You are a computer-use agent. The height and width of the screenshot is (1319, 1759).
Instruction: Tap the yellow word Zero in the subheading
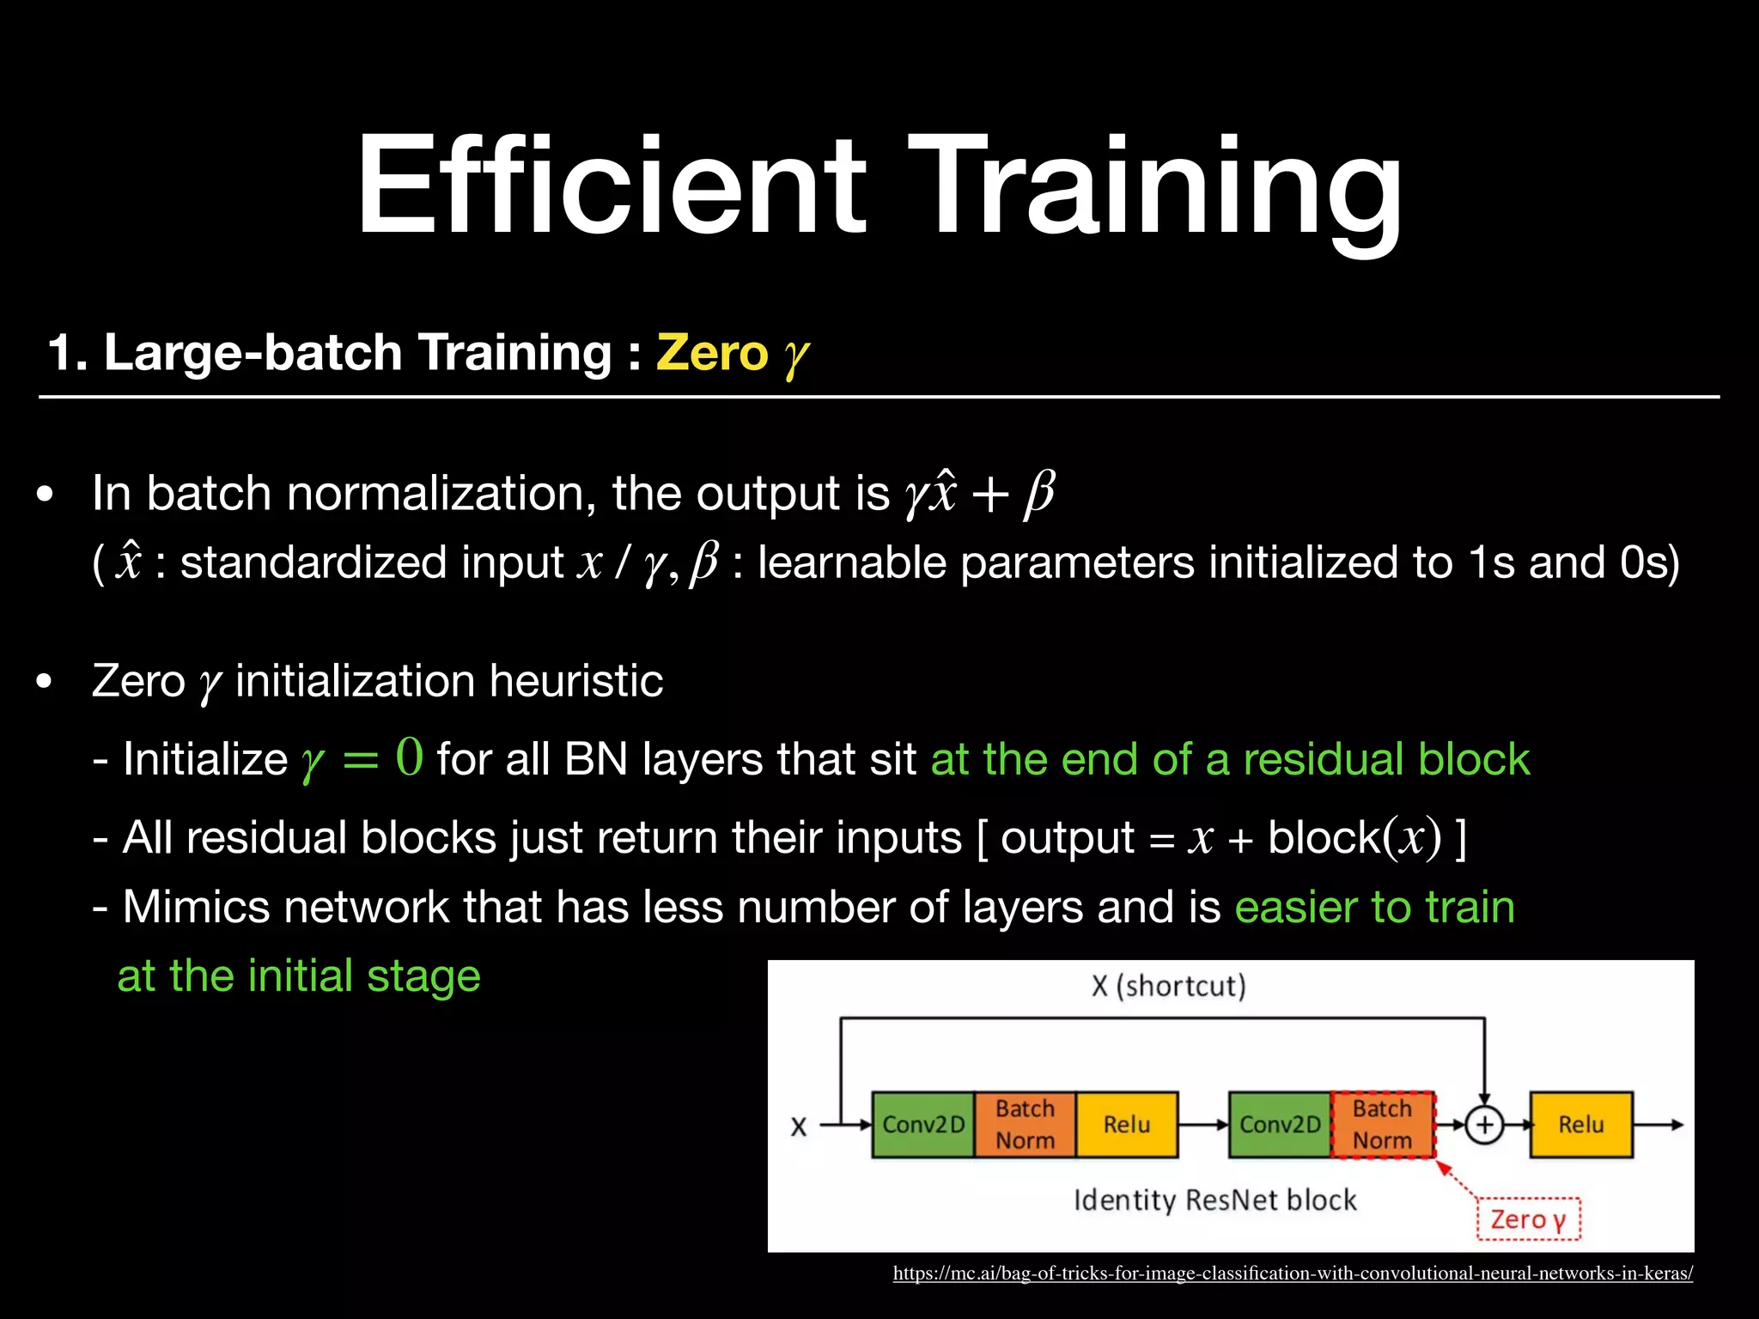point(712,353)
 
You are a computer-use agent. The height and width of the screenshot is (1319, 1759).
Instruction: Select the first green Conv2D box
point(923,1125)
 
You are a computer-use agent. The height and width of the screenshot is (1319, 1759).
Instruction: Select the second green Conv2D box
point(1280,1125)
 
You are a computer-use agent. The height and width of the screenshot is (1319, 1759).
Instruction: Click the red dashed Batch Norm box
point(1382,1125)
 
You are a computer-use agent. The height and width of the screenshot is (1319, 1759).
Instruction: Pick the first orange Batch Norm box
point(1025,1125)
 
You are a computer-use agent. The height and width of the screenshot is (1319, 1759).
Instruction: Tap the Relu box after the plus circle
point(1580,1125)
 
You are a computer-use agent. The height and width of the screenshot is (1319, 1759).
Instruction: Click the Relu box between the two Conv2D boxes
point(1126,1125)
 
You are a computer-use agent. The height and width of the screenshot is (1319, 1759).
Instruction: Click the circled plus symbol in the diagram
point(1484,1125)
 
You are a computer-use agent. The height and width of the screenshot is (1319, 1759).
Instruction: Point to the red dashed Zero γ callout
point(1528,1219)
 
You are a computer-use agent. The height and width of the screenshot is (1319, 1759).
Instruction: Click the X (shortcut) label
point(1168,986)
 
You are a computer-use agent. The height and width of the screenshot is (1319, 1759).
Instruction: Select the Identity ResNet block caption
point(1214,1200)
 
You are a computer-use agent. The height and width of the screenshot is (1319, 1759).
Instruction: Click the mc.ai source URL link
point(1293,1273)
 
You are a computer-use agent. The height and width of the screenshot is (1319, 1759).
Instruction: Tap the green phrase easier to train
point(1374,907)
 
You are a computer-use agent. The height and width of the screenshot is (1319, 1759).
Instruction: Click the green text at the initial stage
point(299,976)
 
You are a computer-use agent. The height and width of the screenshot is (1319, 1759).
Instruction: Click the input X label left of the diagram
point(799,1127)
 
